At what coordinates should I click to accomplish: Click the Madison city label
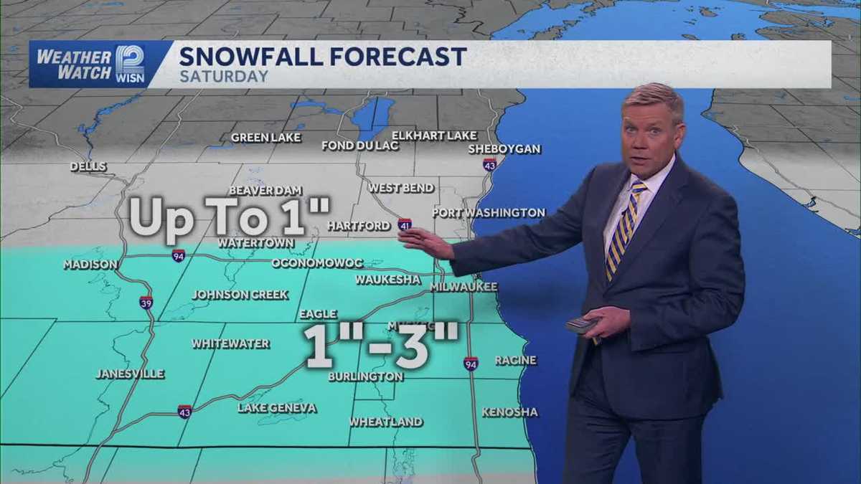pyautogui.click(x=90, y=265)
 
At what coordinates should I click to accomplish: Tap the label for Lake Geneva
pyautogui.click(x=277, y=408)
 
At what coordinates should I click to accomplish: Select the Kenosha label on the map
pyautogui.click(x=509, y=412)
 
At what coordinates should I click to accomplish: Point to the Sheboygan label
pyautogui.click(x=504, y=149)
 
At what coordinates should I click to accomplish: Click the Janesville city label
pyautogui.click(x=130, y=374)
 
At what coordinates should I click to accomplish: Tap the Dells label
pyautogui.click(x=88, y=166)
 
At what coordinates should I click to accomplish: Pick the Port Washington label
pyautogui.click(x=489, y=213)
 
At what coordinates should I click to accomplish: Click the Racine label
pyautogui.click(x=515, y=360)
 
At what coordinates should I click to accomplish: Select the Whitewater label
pyautogui.click(x=230, y=343)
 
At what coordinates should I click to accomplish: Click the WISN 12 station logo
pyautogui.click(x=130, y=64)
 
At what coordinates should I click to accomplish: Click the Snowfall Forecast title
pyautogui.click(x=322, y=56)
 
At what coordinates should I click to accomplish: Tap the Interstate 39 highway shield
pyautogui.click(x=146, y=302)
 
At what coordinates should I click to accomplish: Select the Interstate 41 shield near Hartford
pyautogui.click(x=405, y=225)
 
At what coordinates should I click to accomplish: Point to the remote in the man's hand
pyautogui.click(x=581, y=324)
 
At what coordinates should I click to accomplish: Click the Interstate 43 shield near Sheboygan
pyautogui.click(x=489, y=165)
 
